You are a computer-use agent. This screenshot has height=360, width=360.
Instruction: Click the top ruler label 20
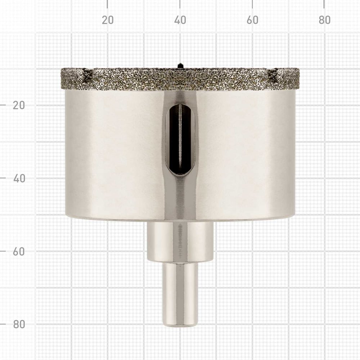(108, 20)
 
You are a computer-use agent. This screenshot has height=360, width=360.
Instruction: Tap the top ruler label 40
(180, 20)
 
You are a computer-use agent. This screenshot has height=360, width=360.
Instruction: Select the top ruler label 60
(252, 20)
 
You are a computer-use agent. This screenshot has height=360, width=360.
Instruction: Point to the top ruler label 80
(324, 20)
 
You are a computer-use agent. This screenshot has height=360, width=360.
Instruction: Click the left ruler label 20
(19, 105)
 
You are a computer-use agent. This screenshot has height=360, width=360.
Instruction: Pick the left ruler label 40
(19, 179)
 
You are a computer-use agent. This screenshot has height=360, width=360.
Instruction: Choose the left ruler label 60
(19, 251)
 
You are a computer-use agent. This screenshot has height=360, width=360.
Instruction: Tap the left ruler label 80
(19, 324)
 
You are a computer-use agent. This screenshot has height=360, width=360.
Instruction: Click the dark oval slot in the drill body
(180, 139)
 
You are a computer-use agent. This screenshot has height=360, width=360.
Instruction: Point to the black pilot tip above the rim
(180, 66)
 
